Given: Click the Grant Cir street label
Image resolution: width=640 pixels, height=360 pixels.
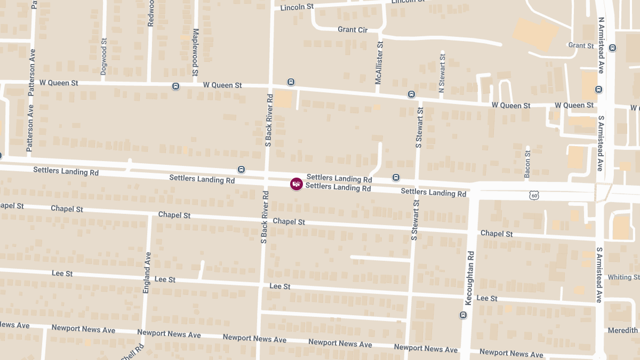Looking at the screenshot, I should (x=353, y=30).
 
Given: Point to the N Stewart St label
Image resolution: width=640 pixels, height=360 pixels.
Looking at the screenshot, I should (x=442, y=72).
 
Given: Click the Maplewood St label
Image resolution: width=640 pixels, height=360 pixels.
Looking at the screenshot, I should (x=195, y=52).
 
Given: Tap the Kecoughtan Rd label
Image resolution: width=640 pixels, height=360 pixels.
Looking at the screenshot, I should (x=469, y=278).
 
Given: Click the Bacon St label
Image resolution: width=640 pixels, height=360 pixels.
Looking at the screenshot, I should (x=527, y=164).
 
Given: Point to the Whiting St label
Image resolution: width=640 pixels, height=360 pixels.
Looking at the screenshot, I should (x=623, y=277).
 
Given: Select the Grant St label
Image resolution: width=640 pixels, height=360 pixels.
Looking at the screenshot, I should (x=581, y=46).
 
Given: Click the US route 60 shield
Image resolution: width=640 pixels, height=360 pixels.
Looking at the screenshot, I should (x=534, y=196).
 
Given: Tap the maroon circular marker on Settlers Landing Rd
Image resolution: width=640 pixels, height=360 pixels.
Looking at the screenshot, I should (x=297, y=184).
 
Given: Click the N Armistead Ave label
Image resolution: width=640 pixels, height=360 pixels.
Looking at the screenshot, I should (x=601, y=45).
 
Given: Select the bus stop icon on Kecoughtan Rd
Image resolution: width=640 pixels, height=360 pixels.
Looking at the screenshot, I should (x=463, y=315).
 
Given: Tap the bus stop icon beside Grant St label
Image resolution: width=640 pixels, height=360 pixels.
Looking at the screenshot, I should (x=612, y=47).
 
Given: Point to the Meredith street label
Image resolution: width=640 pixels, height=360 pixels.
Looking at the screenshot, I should (x=623, y=331).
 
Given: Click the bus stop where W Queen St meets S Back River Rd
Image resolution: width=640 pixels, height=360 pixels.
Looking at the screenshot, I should (x=291, y=82).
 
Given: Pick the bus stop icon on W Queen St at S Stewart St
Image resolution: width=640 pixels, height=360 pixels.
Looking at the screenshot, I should (x=411, y=94).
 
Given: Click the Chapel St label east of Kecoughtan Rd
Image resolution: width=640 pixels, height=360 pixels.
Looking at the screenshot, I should (x=497, y=234).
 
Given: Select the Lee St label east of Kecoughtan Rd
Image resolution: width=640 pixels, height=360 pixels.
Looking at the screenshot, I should (x=486, y=299).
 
